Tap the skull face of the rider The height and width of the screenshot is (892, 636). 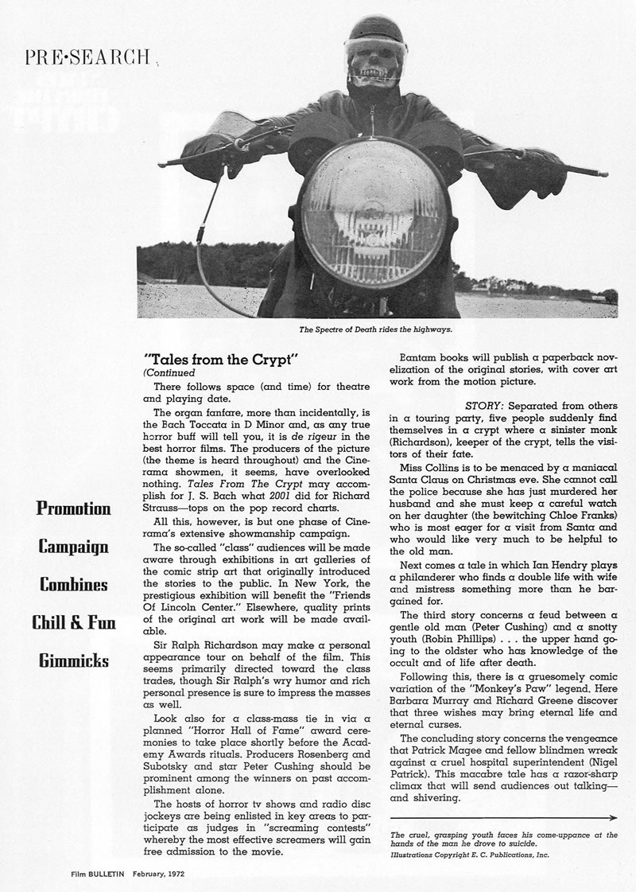pyautogui.click(x=372, y=66)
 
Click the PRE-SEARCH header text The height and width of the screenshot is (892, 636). pyautogui.click(x=87, y=56)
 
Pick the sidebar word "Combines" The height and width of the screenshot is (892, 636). pyautogui.click(x=74, y=584)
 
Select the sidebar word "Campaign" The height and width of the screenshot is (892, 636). pyautogui.click(x=74, y=546)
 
